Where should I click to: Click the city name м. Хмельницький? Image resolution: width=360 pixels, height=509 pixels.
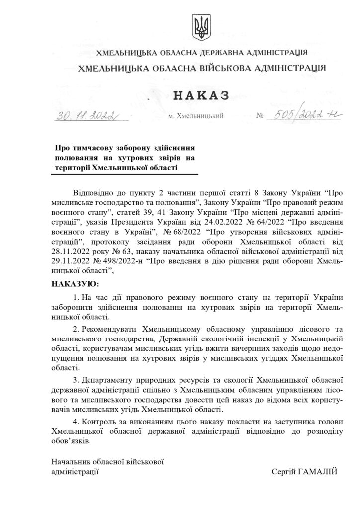tap(196, 116)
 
